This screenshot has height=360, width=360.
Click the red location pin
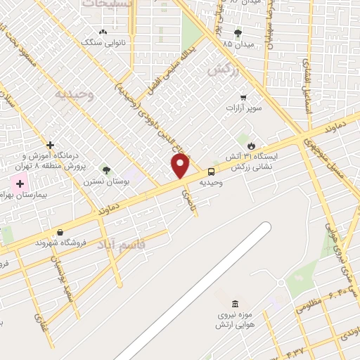181,166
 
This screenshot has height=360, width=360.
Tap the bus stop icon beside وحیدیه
211,172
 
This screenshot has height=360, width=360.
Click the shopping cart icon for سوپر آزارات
243,98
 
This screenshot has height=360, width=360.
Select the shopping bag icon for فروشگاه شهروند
60,232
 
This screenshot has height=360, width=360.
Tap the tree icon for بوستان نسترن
106,170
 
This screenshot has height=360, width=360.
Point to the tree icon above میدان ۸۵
238,32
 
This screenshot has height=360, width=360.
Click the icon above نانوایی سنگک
103,32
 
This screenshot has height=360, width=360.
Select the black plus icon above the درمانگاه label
50,145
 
